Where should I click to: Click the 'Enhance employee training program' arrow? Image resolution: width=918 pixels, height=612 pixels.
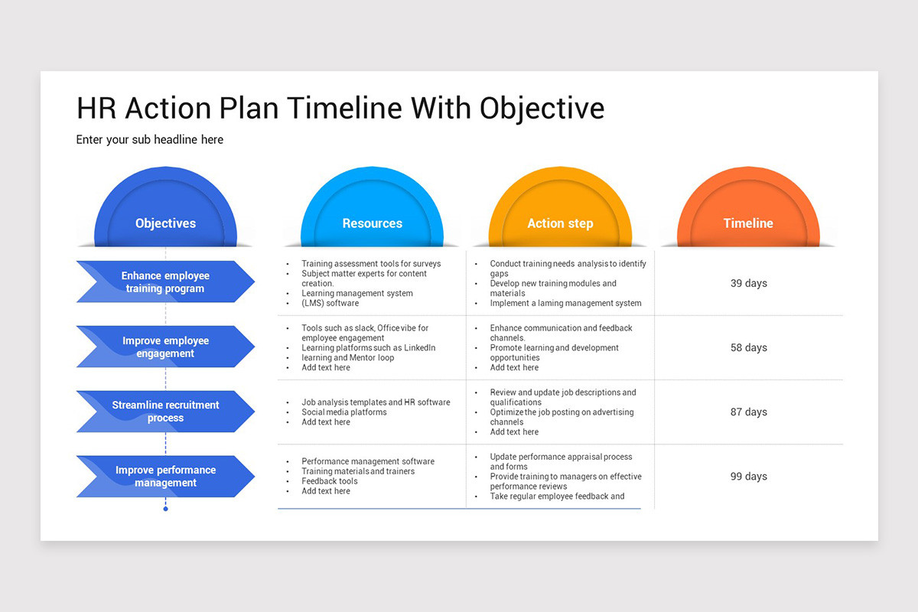coord(165,282)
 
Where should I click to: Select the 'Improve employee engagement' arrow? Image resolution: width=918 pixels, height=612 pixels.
coord(165,347)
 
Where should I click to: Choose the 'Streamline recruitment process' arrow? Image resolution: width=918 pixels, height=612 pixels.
coord(165,412)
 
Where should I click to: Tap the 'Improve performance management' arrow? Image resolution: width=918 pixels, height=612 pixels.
coord(165,476)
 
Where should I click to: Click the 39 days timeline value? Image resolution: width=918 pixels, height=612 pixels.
coord(748,283)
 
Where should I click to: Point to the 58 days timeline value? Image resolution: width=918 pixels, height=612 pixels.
coord(748,347)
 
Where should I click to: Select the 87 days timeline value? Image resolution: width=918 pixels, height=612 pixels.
coord(748,412)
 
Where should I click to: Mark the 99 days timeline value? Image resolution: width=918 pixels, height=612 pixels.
coord(748,476)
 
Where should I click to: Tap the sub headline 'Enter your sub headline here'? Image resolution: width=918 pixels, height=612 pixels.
coord(150,140)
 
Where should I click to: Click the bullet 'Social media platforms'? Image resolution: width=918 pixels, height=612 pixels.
coord(343,412)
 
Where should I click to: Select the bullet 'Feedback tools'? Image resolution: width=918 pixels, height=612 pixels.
coord(329,481)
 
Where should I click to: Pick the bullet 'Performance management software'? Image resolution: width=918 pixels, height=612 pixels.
coord(367,461)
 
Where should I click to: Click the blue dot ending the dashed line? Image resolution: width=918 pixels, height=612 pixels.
coord(165,509)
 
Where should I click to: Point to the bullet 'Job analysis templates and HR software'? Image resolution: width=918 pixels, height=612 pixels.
coord(376,402)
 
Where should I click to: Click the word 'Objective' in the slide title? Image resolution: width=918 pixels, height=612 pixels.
coord(542,109)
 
